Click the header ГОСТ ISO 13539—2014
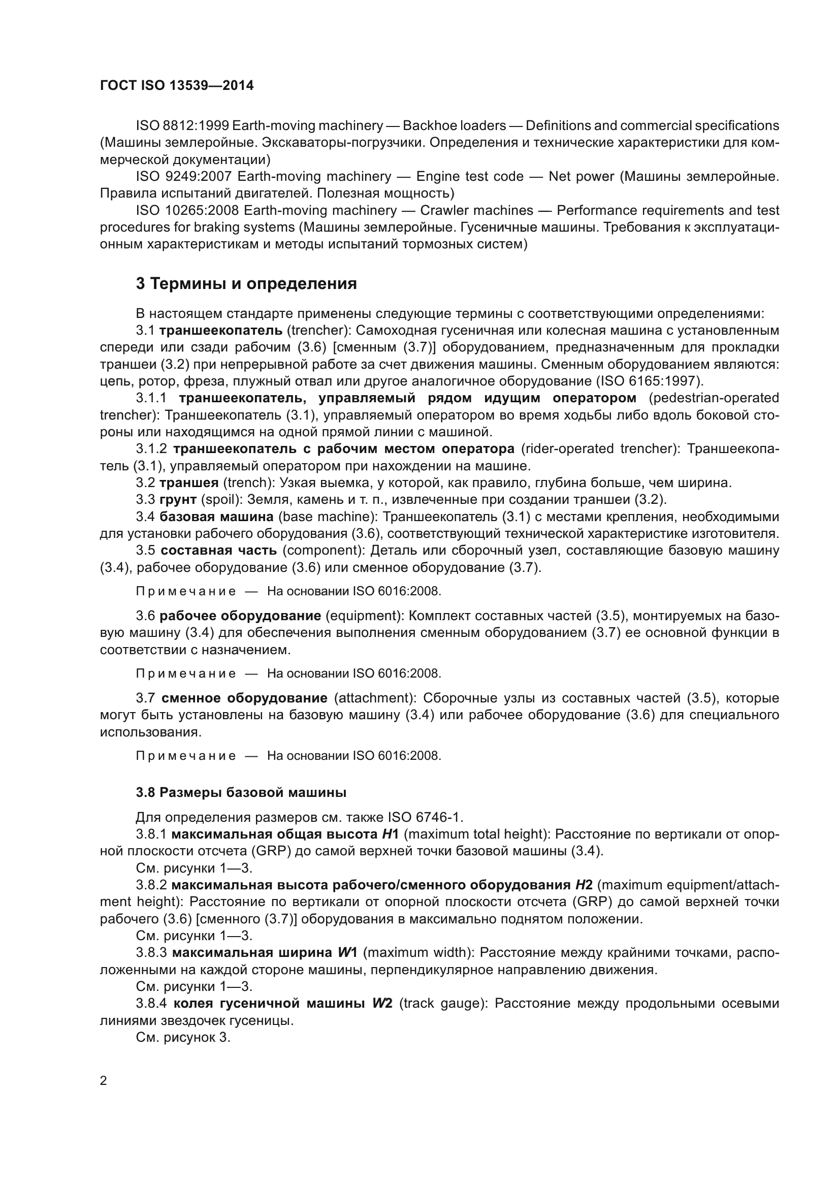tap(176, 86)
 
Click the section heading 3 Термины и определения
tap(246, 283)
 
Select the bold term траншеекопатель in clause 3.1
tap(221, 330)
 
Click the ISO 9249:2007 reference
tap(184, 176)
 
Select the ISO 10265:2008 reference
tap(187, 211)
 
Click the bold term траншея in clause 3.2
tap(189, 483)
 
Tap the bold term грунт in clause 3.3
tap(178, 500)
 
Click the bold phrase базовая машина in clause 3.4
tap(216, 517)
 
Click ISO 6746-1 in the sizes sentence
tap(425, 817)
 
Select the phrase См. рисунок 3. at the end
tap(183, 1037)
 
